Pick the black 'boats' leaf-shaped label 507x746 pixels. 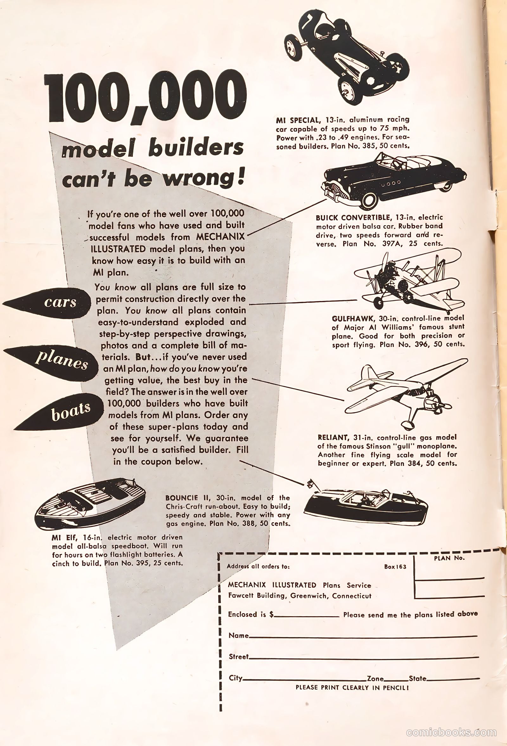(59, 412)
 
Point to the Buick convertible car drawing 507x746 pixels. (394, 180)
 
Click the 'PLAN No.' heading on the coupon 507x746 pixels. (449, 558)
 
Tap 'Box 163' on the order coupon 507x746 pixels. (395, 567)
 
